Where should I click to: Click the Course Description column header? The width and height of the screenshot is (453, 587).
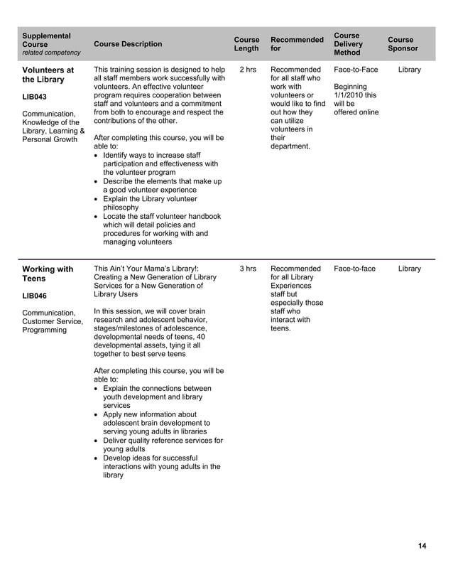pyautogui.click(x=128, y=44)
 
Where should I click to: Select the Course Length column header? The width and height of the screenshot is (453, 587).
pyautogui.click(x=246, y=44)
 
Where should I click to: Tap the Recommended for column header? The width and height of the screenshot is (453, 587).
pyautogui.click(x=297, y=44)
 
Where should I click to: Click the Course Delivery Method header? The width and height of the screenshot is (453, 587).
pyautogui.click(x=348, y=44)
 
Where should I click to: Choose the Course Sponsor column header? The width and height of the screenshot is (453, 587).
pyautogui.click(x=403, y=44)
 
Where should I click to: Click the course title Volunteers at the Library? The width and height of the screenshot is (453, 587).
pyautogui.click(x=48, y=75)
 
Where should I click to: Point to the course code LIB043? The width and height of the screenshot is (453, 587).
pyautogui.click(x=35, y=97)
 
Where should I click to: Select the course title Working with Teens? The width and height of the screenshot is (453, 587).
pyautogui.click(x=48, y=274)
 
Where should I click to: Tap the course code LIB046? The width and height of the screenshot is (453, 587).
pyautogui.click(x=35, y=296)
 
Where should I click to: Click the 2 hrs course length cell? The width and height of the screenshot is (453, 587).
pyautogui.click(x=248, y=70)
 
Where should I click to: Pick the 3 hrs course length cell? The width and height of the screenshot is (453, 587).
pyautogui.click(x=248, y=269)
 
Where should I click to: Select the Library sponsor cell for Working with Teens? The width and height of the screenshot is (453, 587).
pyautogui.click(x=409, y=269)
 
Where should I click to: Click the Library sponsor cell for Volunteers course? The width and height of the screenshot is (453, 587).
pyautogui.click(x=409, y=70)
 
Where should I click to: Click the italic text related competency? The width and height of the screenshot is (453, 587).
pyautogui.click(x=51, y=53)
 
